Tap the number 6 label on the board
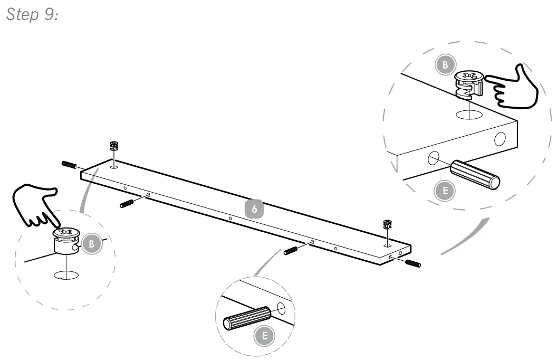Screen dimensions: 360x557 point(254,209)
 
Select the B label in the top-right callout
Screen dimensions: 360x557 point(445,65)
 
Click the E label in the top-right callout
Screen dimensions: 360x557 point(445,191)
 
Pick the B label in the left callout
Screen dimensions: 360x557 point(91,244)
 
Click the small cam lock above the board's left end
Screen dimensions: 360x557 point(113,146)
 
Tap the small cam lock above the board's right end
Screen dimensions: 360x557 point(388,224)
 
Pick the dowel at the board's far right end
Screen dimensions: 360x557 point(412,262)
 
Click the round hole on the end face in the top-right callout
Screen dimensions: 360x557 point(499,139)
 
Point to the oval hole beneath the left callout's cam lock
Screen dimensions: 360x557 point(66,274)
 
